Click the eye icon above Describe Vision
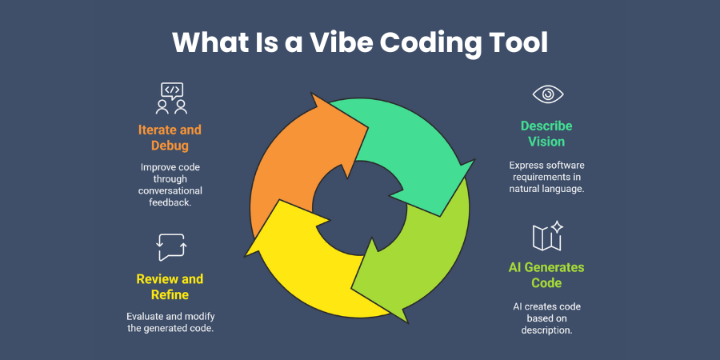point(548,94)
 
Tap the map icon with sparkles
point(548,237)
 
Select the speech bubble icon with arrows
point(171,247)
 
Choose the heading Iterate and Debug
point(170,138)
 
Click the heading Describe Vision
point(547,134)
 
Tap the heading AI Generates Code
point(547,274)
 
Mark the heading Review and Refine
point(170,286)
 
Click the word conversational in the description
point(170,190)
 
